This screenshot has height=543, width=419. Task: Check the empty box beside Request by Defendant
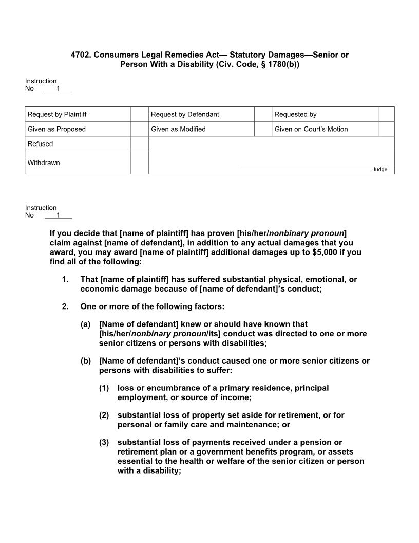click(263, 114)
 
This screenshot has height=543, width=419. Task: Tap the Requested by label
click(295, 114)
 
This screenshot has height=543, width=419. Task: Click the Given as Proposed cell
click(56, 129)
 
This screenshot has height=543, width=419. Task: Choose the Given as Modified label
click(178, 129)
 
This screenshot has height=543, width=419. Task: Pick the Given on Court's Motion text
click(311, 129)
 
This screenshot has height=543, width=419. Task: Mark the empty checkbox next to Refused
click(139, 144)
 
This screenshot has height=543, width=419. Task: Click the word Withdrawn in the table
click(44, 163)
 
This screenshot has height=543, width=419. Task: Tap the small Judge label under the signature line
click(380, 170)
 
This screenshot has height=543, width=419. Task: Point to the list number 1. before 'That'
click(65, 280)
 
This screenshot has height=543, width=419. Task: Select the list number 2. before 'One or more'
click(65, 307)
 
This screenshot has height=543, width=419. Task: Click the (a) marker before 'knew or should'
click(86, 324)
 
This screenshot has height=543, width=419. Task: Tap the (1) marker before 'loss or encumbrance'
click(104, 388)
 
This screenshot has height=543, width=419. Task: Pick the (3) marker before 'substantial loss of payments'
click(104, 443)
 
